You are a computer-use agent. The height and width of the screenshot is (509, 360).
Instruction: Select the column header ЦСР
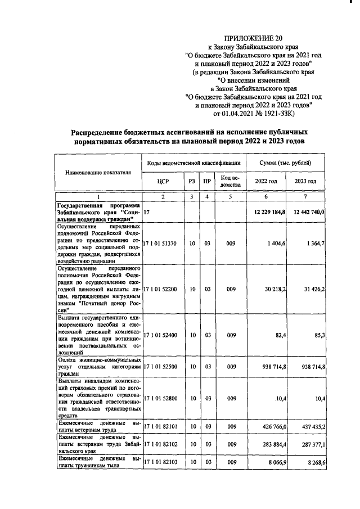coord(163,181)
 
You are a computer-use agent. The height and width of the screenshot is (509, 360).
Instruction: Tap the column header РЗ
coord(192,181)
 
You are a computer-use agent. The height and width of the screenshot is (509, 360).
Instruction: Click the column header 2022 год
coord(267,181)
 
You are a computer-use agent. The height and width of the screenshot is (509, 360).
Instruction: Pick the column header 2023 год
coord(305,181)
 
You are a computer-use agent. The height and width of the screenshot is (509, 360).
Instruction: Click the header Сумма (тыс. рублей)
coord(286,163)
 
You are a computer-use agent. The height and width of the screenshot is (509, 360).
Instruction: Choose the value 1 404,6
coord(276,243)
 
